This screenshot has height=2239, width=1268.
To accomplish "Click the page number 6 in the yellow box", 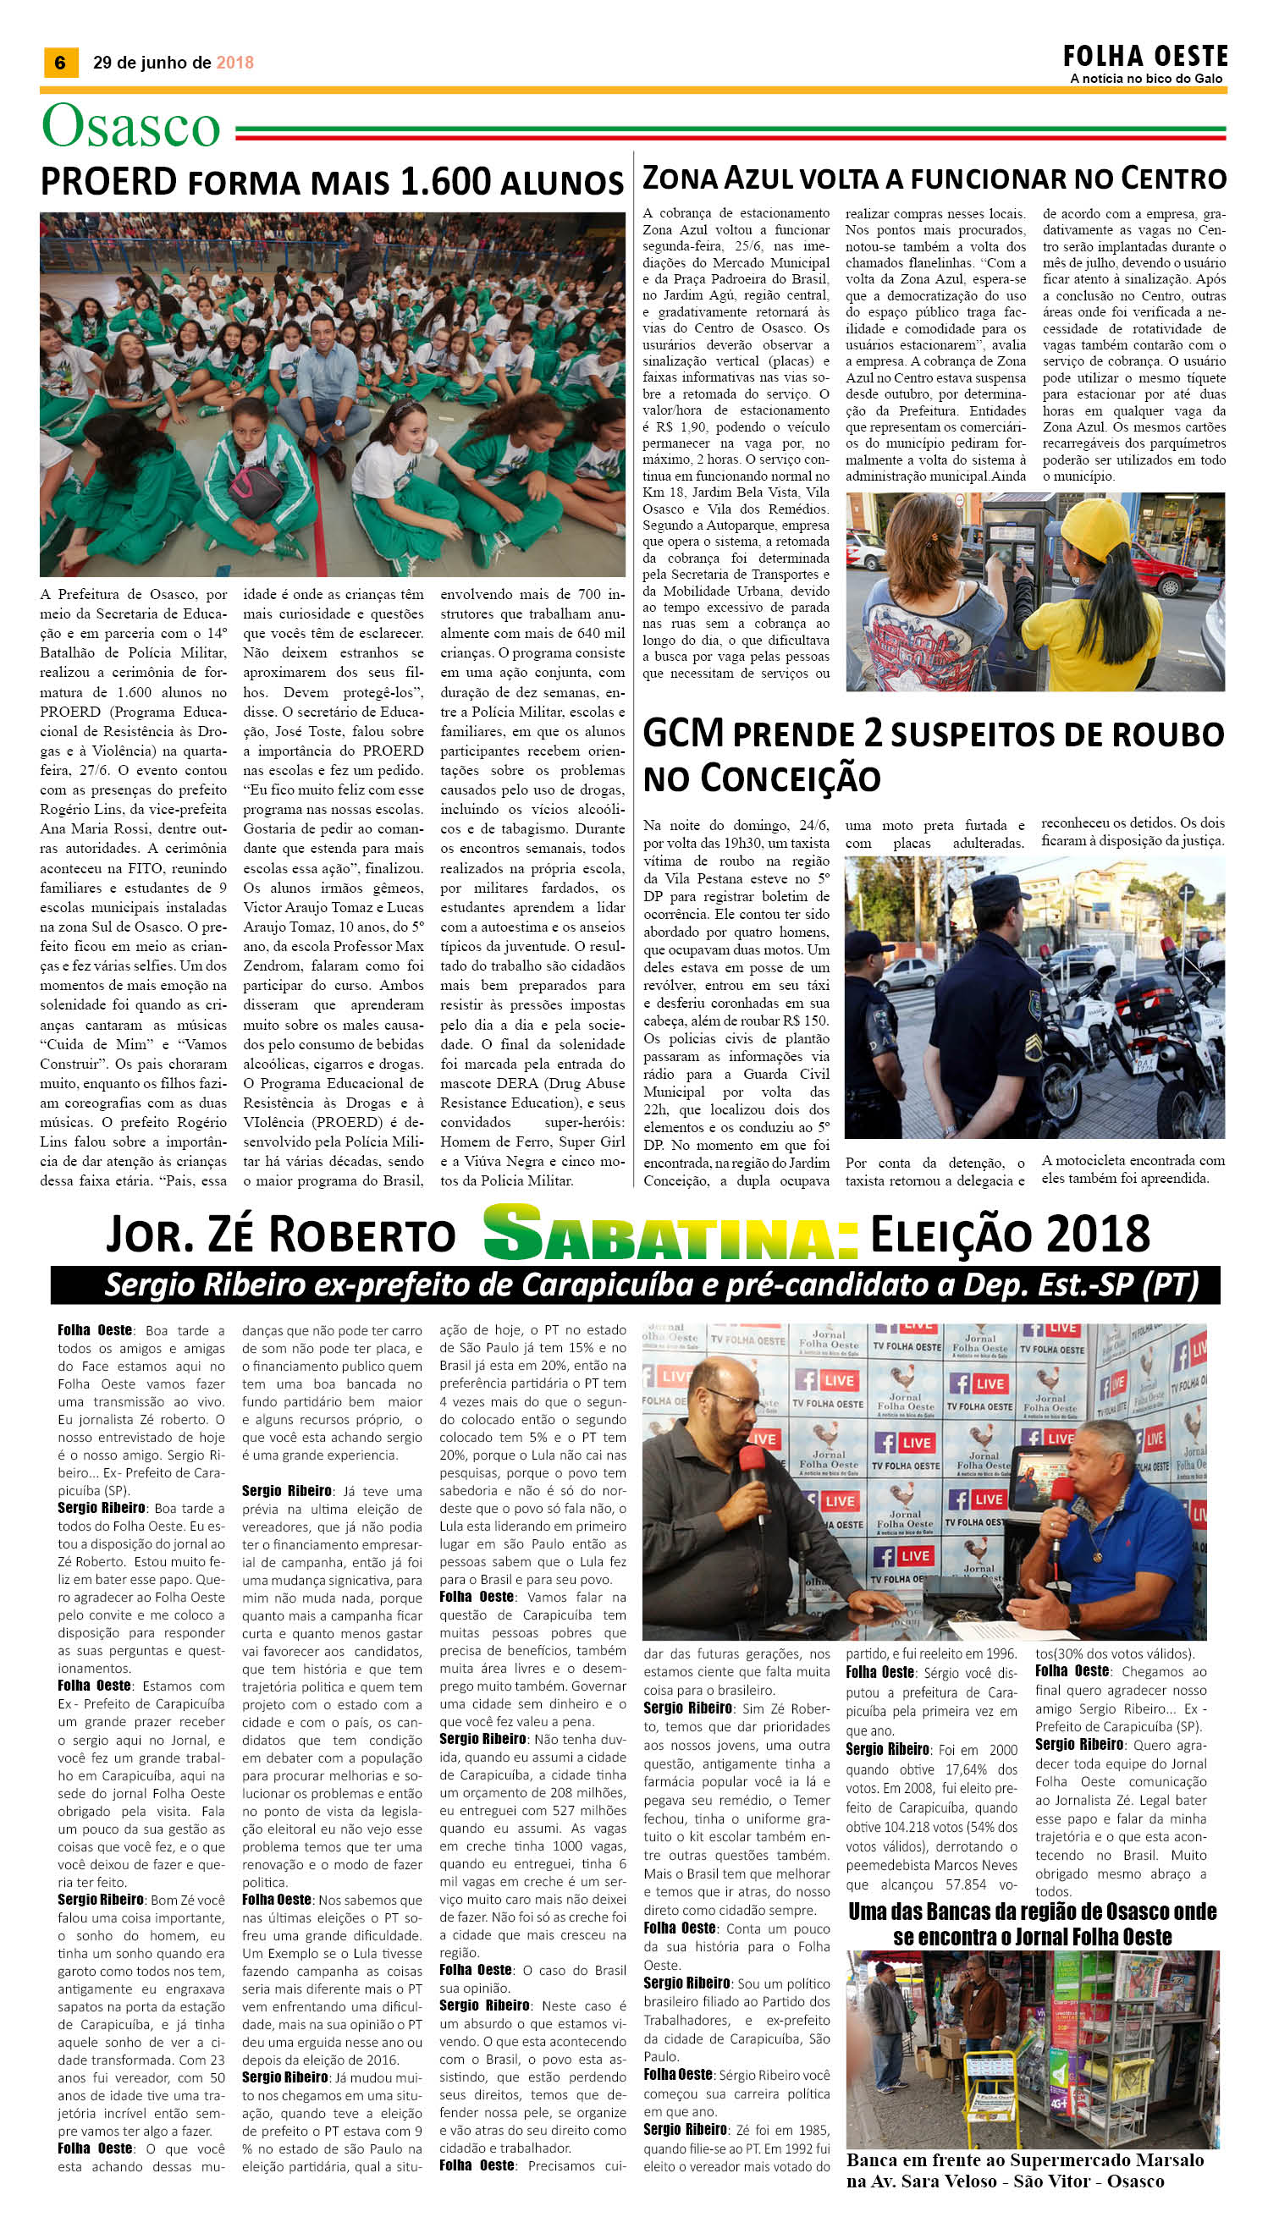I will [60, 63].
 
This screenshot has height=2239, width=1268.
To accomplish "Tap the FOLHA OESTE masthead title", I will [1144, 57].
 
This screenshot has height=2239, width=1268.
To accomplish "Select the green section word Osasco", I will [130, 127].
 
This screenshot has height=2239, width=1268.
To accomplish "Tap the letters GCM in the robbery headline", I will [684, 734].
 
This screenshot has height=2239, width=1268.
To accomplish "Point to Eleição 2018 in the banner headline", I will [1009, 1234].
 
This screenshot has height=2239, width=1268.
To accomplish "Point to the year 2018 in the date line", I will [235, 63].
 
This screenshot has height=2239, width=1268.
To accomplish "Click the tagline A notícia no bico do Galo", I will [1145, 80].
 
